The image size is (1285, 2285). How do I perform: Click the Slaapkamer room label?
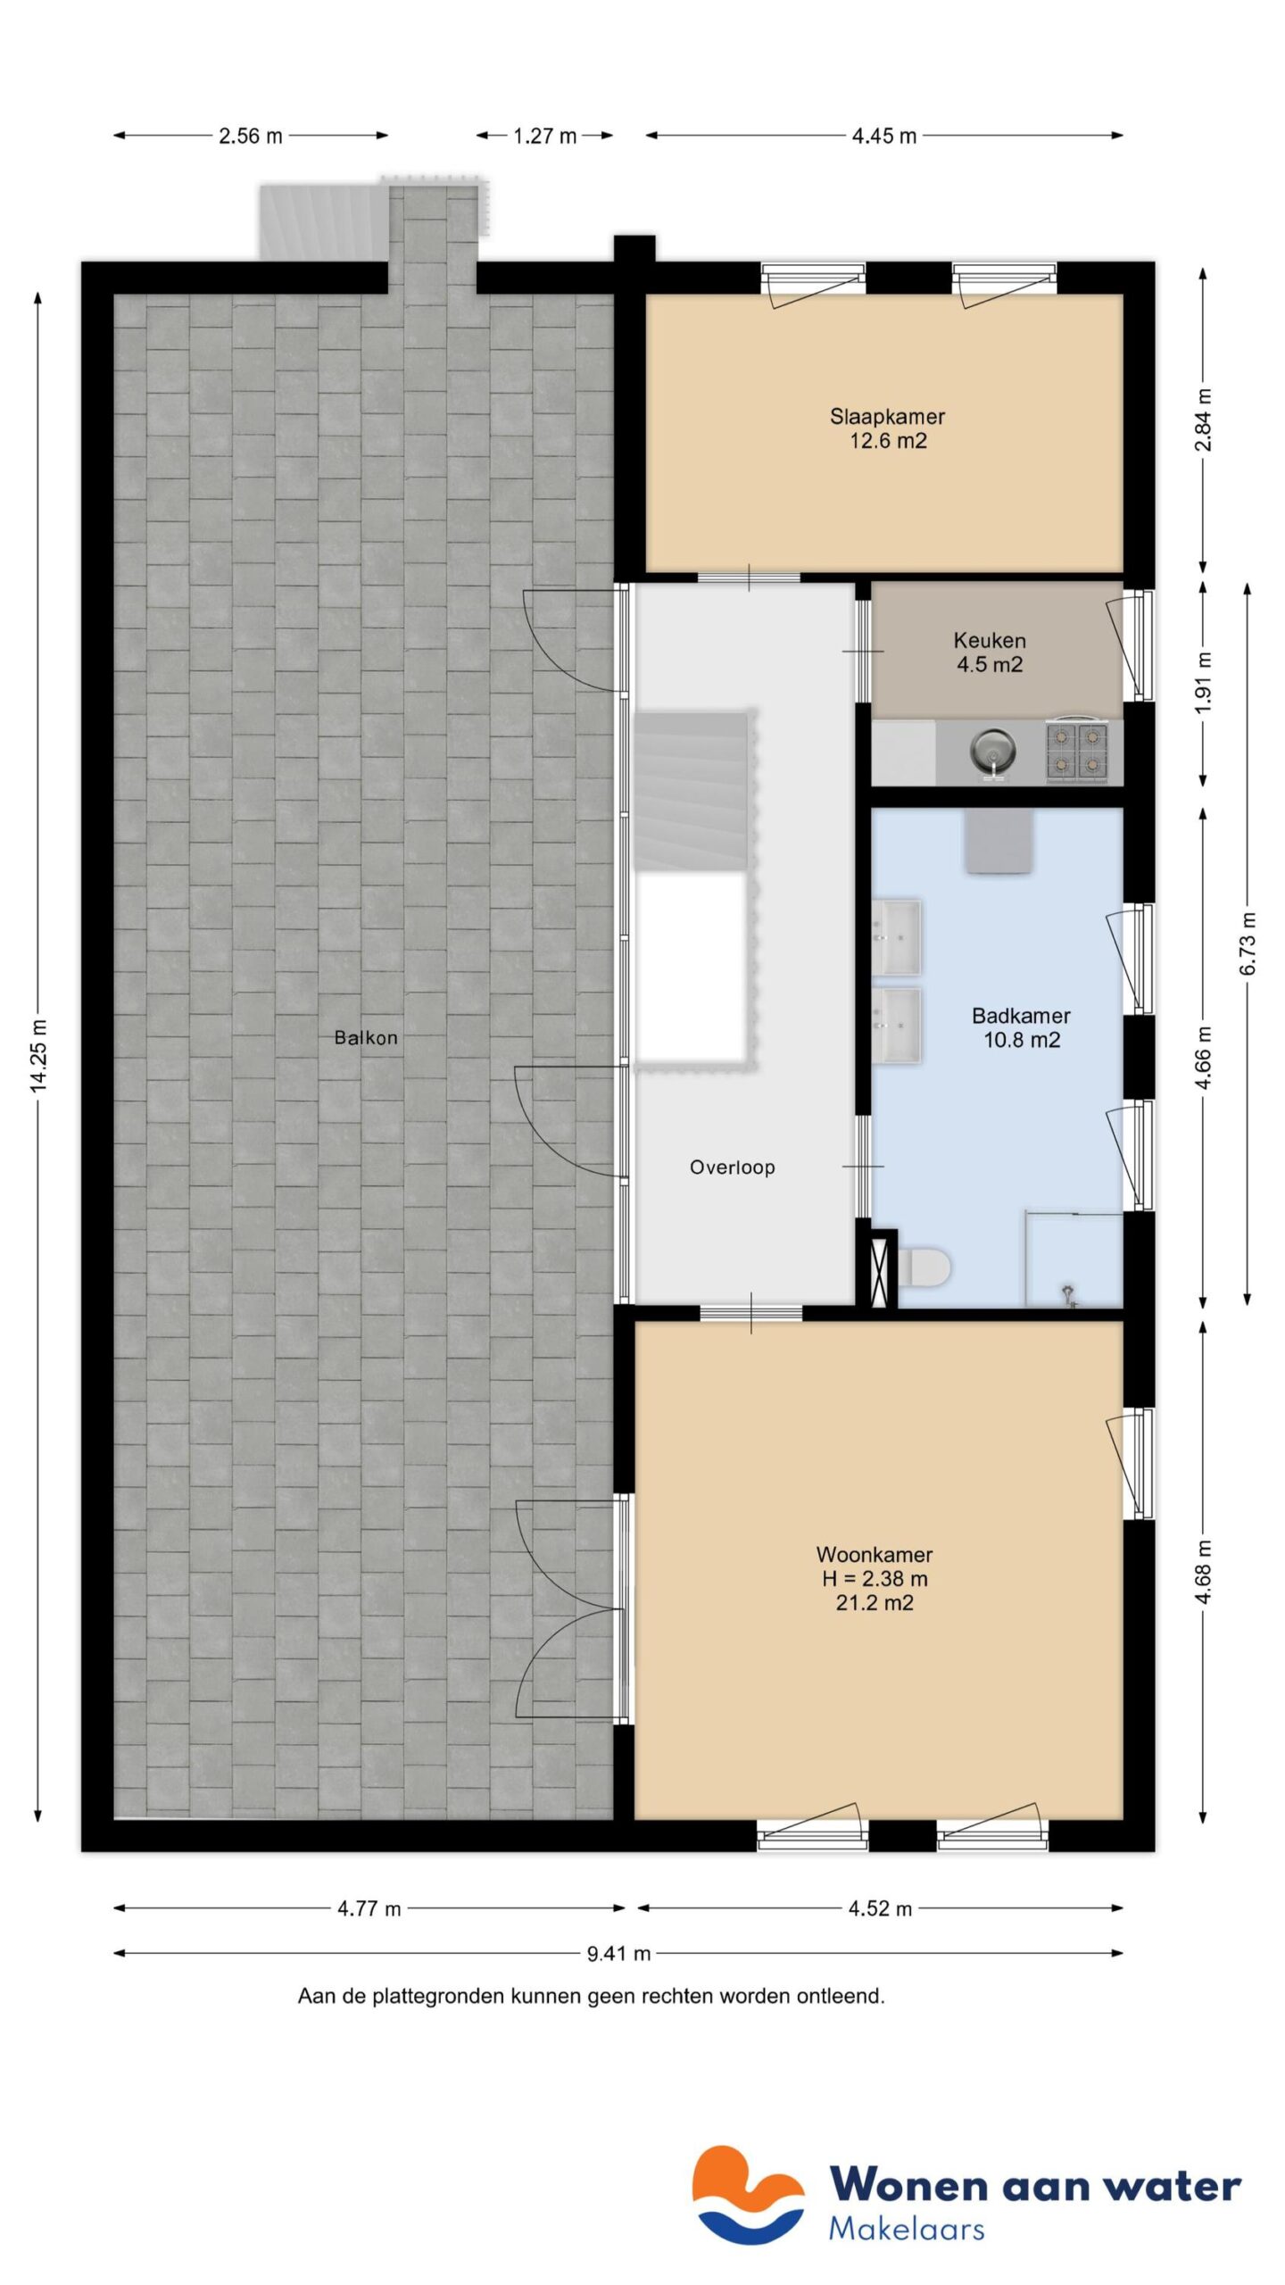click(887, 417)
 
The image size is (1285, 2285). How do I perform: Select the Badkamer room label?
click(1021, 1016)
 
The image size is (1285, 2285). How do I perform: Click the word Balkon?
click(366, 1038)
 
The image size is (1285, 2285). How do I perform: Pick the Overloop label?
click(732, 1167)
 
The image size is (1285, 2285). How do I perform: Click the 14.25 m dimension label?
click(37, 1054)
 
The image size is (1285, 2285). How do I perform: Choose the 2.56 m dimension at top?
click(251, 137)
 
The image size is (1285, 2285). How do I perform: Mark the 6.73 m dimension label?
click(1248, 943)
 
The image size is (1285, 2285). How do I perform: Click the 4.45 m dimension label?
click(883, 137)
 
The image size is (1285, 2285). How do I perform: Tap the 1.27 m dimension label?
click(544, 137)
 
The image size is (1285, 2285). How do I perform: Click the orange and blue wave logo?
click(748, 2195)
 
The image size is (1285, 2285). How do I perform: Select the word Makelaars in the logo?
click(907, 2229)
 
